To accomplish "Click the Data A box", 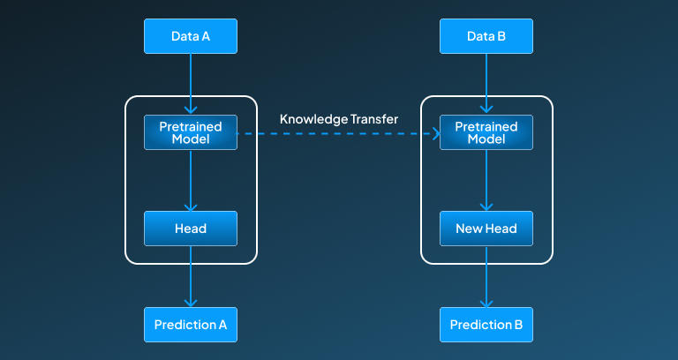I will (191, 37).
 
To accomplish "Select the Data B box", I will (486, 37).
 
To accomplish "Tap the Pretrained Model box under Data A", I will (191, 133).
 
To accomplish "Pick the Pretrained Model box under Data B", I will (486, 133).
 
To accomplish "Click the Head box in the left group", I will (191, 229).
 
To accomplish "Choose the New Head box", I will (486, 229).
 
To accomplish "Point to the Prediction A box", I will (191, 325).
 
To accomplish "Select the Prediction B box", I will (486, 325).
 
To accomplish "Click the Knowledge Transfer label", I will (339, 118).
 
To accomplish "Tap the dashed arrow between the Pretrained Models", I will (339, 134).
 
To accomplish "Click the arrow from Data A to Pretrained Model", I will (191, 84).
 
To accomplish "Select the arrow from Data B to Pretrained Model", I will (486, 84).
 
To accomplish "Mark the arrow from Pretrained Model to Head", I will (191, 181).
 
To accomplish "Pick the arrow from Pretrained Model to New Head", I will (486, 181).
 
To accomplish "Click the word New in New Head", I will (469, 229).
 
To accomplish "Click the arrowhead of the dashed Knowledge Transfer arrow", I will (435, 134).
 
